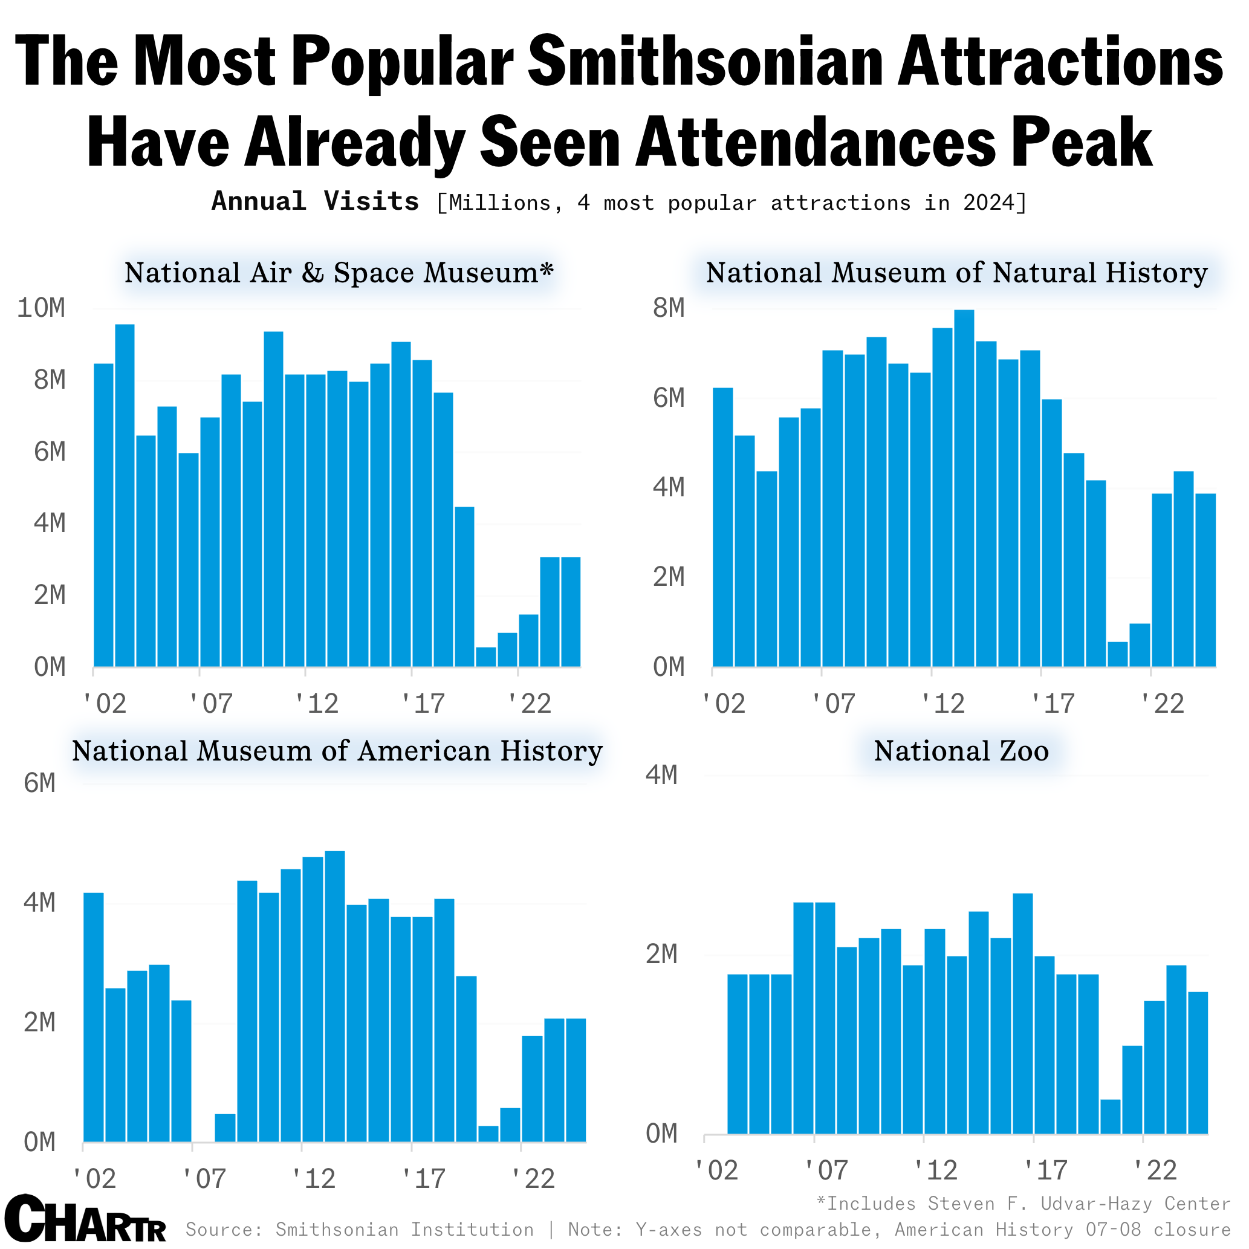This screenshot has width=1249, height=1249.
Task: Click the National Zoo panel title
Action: pyautogui.click(x=961, y=751)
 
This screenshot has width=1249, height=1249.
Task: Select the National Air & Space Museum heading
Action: pyautogui.click(x=339, y=273)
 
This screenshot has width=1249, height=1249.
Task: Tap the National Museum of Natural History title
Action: pyautogui.click(x=956, y=273)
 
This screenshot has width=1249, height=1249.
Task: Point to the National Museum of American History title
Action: pyautogui.click(x=337, y=751)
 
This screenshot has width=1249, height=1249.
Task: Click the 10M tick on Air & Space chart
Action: pyautogui.click(x=41, y=308)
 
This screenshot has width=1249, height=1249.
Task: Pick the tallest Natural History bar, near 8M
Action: pyautogui.click(x=964, y=488)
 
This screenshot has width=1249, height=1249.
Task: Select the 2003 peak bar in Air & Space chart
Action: pyautogui.click(x=125, y=495)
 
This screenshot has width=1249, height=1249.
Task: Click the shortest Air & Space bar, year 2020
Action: pyautogui.click(x=485, y=656)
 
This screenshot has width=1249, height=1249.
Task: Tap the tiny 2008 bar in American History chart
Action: pyautogui.click(x=225, y=1127)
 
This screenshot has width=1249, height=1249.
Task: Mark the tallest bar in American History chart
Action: pyautogui.click(x=334, y=996)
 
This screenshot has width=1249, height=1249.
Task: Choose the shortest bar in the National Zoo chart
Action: pyautogui.click(x=1110, y=1117)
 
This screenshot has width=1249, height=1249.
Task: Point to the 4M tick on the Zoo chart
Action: pyautogui.click(x=662, y=775)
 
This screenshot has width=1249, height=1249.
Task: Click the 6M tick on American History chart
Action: pyautogui.click(x=40, y=784)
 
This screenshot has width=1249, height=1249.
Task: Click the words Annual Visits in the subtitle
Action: pyautogui.click(x=315, y=202)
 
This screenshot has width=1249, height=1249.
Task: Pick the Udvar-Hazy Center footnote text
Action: pyautogui.click(x=1023, y=1204)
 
